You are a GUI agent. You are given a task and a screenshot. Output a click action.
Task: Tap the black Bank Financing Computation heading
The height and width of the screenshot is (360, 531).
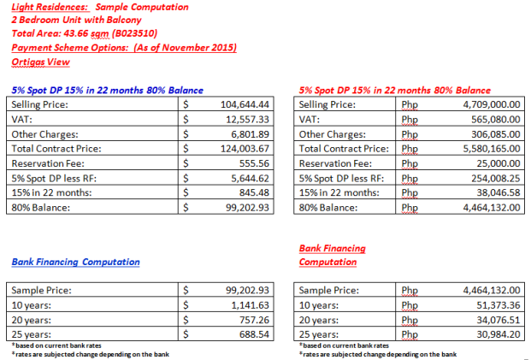pyautogui.click(x=74, y=262)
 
